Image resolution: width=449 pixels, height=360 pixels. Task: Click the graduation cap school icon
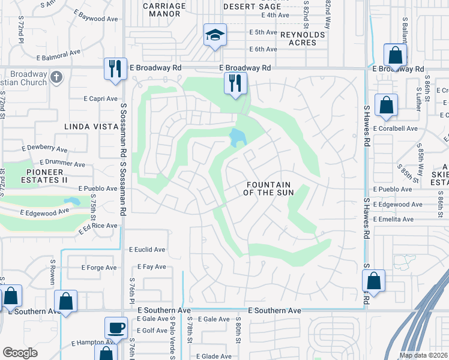coord(214,35)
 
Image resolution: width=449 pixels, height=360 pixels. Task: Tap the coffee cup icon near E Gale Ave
coord(116,328)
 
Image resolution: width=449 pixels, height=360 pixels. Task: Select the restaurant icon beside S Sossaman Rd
coord(113,68)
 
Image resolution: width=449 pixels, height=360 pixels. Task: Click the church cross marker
coord(56,77)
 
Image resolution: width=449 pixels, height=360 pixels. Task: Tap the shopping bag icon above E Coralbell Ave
coord(386,104)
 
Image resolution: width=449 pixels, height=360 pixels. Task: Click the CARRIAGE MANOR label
coord(164,10)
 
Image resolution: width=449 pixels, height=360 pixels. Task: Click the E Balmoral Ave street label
coord(58,53)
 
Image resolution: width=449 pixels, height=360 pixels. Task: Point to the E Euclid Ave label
coord(147,250)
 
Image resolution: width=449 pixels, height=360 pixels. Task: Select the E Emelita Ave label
coord(393,220)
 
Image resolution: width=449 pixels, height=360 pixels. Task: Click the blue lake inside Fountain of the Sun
coord(238,137)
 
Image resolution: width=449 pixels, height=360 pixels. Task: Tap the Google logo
coord(20,353)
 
